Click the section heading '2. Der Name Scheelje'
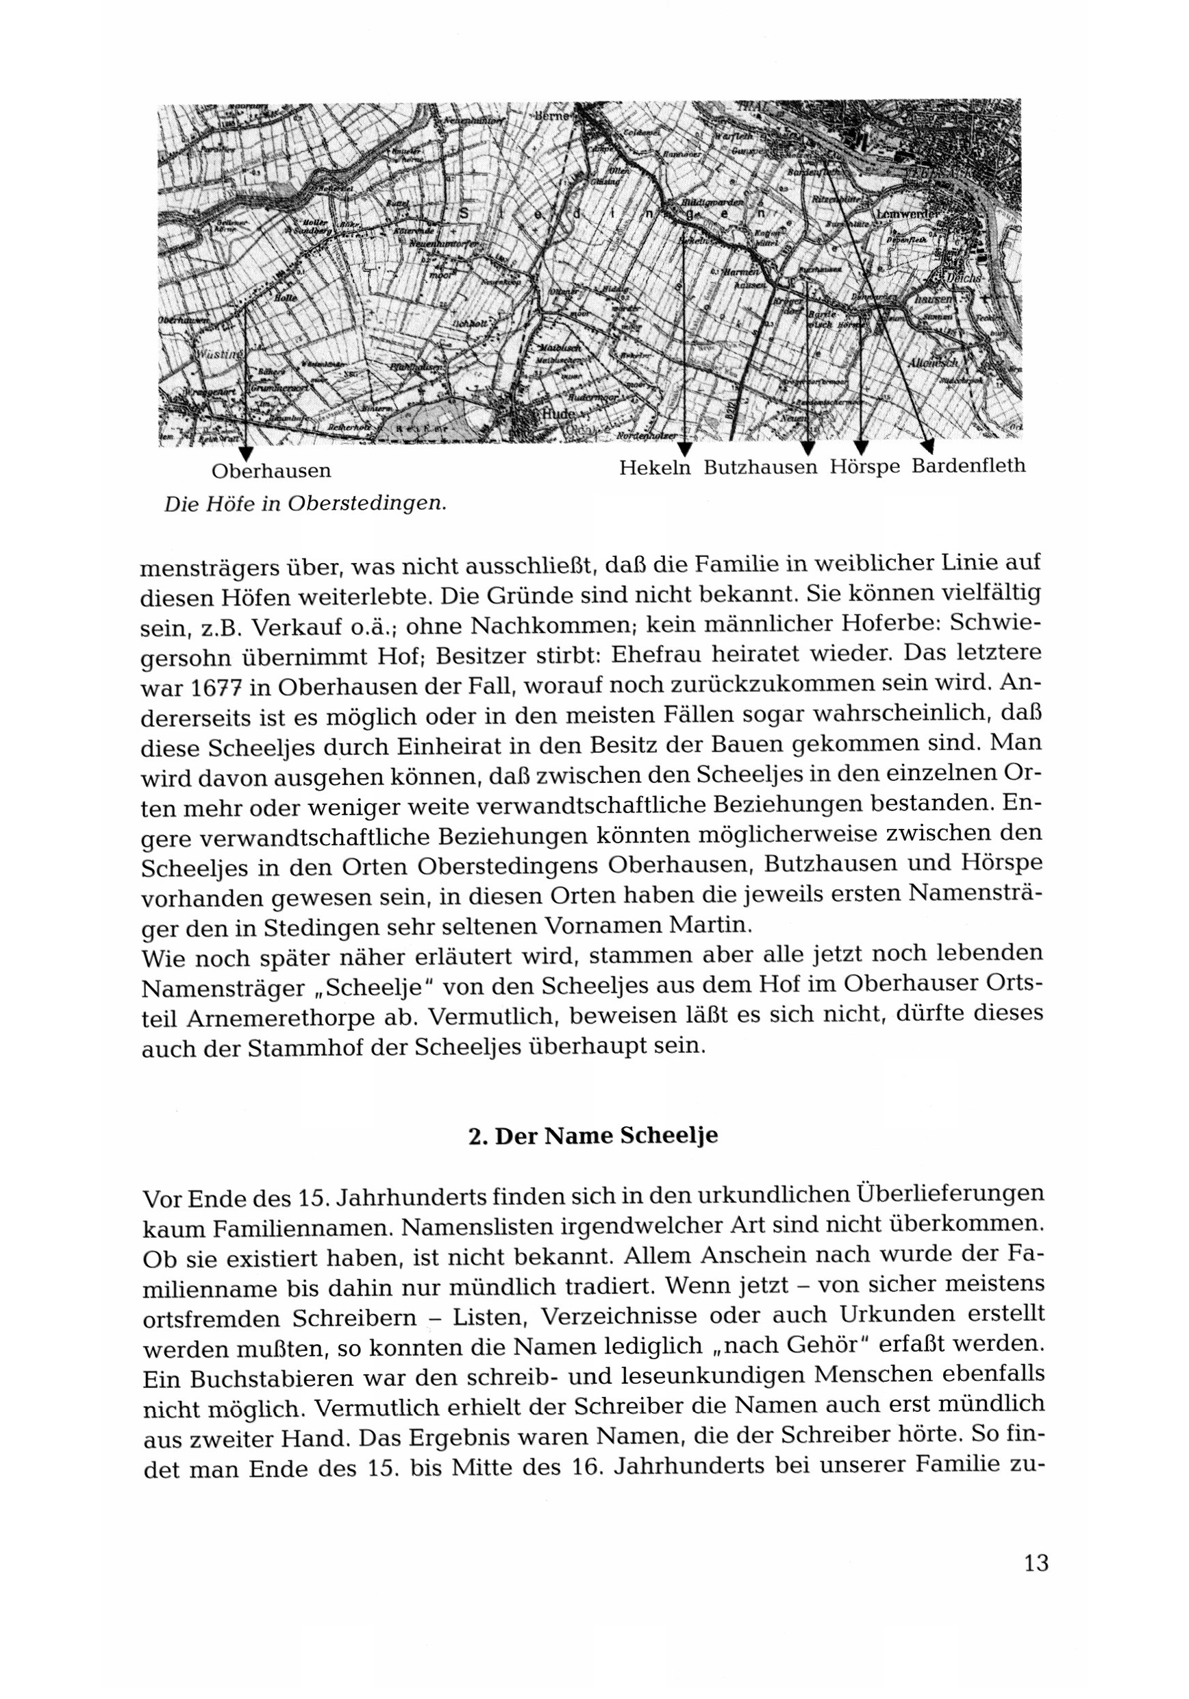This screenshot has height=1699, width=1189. [593, 1136]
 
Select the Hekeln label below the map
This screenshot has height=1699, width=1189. [655, 469]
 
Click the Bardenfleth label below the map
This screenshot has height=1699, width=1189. [968, 466]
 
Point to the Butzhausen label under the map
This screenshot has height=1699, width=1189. [761, 469]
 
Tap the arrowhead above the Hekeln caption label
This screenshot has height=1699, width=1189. [685, 449]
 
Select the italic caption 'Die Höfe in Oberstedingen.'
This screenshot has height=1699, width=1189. [305, 505]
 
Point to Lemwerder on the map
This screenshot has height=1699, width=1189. [906, 214]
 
